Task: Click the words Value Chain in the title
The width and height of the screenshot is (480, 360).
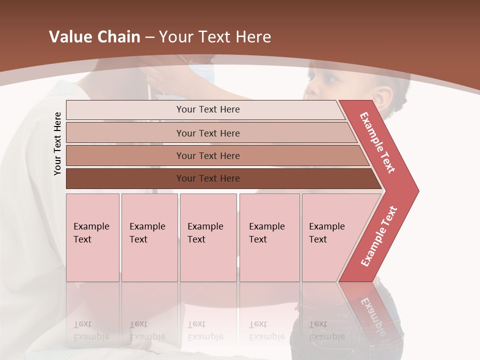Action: coord(94,37)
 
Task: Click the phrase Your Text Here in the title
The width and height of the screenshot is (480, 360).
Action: coord(215,37)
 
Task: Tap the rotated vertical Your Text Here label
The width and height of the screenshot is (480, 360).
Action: coord(57,143)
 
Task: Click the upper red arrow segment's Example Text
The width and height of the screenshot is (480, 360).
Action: coord(378,142)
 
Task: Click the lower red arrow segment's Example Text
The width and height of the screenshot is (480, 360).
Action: coord(379,236)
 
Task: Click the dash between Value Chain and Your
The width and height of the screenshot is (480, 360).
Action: coord(149,37)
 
